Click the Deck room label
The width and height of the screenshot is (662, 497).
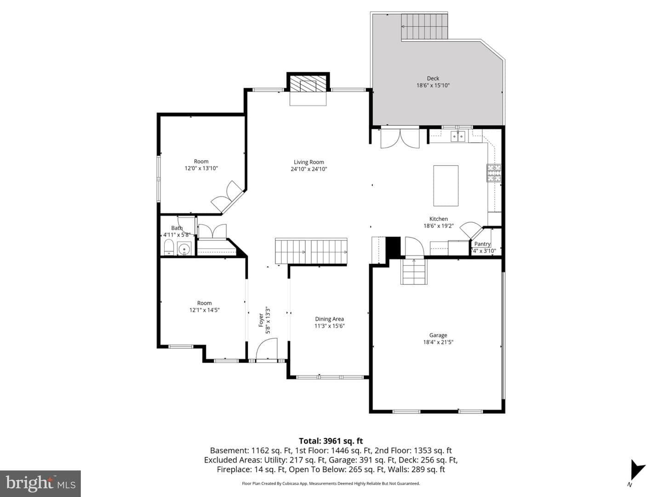click(x=433, y=78)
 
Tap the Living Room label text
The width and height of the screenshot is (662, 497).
click(x=309, y=162)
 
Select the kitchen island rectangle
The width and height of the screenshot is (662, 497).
click(x=446, y=185)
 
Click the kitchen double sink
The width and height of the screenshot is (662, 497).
click(x=458, y=136)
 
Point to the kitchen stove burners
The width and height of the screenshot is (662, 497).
click(x=494, y=173)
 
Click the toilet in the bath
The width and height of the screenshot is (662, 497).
click(x=169, y=248)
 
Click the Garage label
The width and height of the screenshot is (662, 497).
click(x=438, y=335)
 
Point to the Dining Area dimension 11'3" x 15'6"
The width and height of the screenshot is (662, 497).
click(x=329, y=326)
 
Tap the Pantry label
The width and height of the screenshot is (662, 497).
click(x=482, y=244)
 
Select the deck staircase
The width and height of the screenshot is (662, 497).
click(x=424, y=27)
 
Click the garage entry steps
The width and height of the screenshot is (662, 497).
click(x=414, y=272)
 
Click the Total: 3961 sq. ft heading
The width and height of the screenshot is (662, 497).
click(x=331, y=441)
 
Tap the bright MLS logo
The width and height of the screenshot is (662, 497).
click(x=40, y=483)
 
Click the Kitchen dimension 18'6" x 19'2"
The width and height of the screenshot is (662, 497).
click(x=439, y=225)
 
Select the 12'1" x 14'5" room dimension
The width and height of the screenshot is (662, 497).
click(x=204, y=310)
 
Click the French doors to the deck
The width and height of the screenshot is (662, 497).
click(x=400, y=138)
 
